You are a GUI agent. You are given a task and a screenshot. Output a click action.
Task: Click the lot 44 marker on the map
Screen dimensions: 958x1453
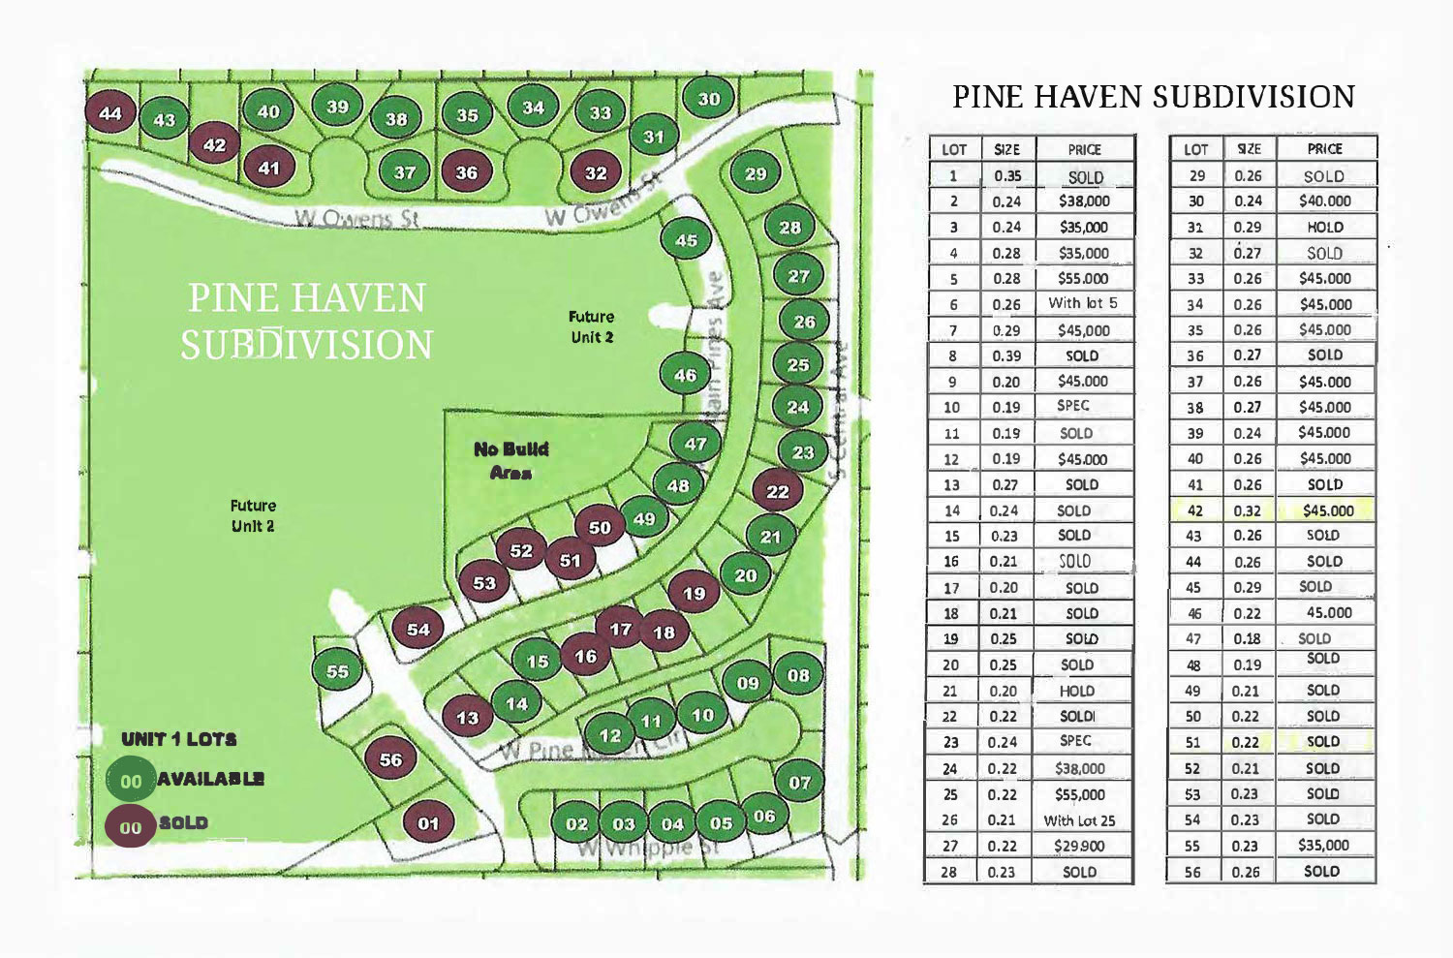pos(110,113)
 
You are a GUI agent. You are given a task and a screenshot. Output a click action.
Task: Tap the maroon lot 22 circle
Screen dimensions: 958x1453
pos(778,491)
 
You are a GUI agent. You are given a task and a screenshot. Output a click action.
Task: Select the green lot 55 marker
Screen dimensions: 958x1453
pos(337,671)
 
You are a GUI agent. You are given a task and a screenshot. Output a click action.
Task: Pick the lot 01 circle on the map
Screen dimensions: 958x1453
pos(428,824)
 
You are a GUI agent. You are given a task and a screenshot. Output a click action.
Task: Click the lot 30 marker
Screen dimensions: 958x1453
pos(709,99)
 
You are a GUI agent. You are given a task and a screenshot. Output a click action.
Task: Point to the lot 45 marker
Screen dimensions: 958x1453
pos(686,240)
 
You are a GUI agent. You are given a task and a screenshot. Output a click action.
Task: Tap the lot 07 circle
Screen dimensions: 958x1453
pos(799,782)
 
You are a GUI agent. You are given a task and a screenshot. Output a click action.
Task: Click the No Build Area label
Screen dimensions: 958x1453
pos(510,460)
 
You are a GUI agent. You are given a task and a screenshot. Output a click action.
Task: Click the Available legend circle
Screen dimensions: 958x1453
pos(131,781)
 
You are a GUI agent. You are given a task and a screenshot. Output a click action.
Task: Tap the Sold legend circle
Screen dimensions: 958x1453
pos(131,827)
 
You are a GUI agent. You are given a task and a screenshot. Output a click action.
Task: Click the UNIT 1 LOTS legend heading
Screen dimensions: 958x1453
pos(179,739)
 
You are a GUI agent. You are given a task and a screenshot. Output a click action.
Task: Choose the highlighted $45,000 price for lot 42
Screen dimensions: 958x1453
pos(1327,510)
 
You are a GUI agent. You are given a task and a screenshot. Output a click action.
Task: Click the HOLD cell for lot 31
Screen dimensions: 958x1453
pos(1324,227)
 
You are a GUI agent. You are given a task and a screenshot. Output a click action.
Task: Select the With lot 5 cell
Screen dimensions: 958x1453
pos(1082,303)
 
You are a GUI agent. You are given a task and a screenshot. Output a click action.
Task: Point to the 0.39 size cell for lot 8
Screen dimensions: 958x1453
pos(1006,355)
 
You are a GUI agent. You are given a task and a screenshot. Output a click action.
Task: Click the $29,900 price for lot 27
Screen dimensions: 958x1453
pos(1080,846)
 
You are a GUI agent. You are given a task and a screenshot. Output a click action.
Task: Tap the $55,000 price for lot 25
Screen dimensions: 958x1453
pos(1080,794)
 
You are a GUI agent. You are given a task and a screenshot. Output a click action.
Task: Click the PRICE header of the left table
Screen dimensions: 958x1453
pos(1084,149)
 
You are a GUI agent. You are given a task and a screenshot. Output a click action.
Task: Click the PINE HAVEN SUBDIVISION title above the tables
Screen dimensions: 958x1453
pos(1153,97)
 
